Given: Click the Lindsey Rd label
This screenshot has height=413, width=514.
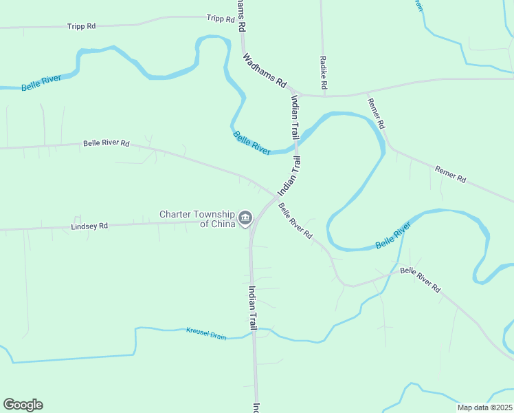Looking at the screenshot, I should coord(89,226).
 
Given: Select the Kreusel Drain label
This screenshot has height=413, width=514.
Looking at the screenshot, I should coord(206,334).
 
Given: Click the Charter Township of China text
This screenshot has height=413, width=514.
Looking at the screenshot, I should coord(197,218).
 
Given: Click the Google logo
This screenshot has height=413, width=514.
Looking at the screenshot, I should coord(23,405).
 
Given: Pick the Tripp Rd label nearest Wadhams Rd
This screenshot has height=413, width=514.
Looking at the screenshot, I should coord(220,19).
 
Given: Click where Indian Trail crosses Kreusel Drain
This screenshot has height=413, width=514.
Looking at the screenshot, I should coord(254,332).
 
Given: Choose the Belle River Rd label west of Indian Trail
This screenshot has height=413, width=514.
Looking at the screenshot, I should coord(107,143).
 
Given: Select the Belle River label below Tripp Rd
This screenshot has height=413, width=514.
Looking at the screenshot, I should coord(41,83).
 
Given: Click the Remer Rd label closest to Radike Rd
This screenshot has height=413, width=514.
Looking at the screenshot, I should coord(377,114).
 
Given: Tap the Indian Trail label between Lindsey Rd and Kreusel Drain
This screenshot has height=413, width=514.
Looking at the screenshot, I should coord(253,307).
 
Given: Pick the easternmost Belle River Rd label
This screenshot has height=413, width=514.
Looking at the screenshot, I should coord(420,279).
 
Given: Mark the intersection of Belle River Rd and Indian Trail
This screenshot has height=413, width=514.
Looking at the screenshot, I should coord(276,197).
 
